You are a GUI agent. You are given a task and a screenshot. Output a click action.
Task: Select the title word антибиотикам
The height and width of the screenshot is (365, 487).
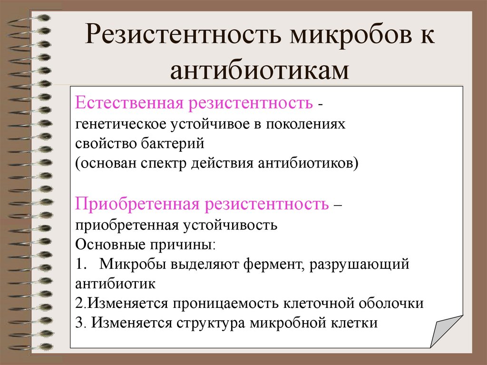260,70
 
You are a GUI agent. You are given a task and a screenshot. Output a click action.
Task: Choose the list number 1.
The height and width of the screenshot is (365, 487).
79,264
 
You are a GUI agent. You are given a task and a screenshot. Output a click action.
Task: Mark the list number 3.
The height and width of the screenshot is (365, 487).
79,323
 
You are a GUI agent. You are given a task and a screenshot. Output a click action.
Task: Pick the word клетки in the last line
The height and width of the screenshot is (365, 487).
353,323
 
